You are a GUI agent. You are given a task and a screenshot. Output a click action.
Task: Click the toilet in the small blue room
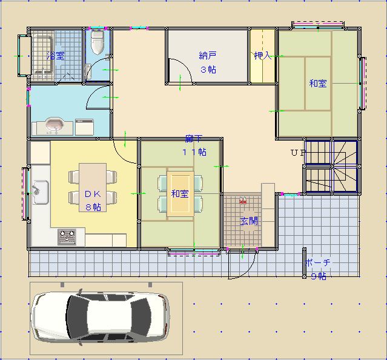point(98,42)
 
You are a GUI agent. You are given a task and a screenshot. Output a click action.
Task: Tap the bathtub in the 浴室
point(43,55)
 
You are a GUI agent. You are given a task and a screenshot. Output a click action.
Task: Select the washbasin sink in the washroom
point(55,125)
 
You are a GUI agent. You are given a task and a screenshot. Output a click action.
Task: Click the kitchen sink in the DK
point(41,192)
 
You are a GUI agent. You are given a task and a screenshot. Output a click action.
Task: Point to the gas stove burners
point(67,236)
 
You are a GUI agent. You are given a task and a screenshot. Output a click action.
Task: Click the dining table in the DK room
point(93,187)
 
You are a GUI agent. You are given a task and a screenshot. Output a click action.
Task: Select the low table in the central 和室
point(180,193)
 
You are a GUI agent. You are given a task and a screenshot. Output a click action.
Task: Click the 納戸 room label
point(208,56)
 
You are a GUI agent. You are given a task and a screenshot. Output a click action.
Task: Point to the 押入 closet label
point(263,56)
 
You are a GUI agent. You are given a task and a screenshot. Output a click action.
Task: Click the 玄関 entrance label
point(249,221)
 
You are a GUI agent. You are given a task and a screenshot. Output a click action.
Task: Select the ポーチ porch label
point(318,262)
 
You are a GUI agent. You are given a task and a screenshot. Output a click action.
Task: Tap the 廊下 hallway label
point(194,139)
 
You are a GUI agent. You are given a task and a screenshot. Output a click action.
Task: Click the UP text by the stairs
point(298,153)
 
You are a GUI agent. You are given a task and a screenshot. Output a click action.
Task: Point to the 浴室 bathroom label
point(56,55)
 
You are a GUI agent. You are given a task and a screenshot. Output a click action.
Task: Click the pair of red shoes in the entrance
point(243,200)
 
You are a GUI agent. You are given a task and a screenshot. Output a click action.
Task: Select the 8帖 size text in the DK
point(93,207)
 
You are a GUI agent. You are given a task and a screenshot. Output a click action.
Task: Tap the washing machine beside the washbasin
point(84,127)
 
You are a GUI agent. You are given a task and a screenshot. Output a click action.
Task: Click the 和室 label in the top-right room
point(318,84)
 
